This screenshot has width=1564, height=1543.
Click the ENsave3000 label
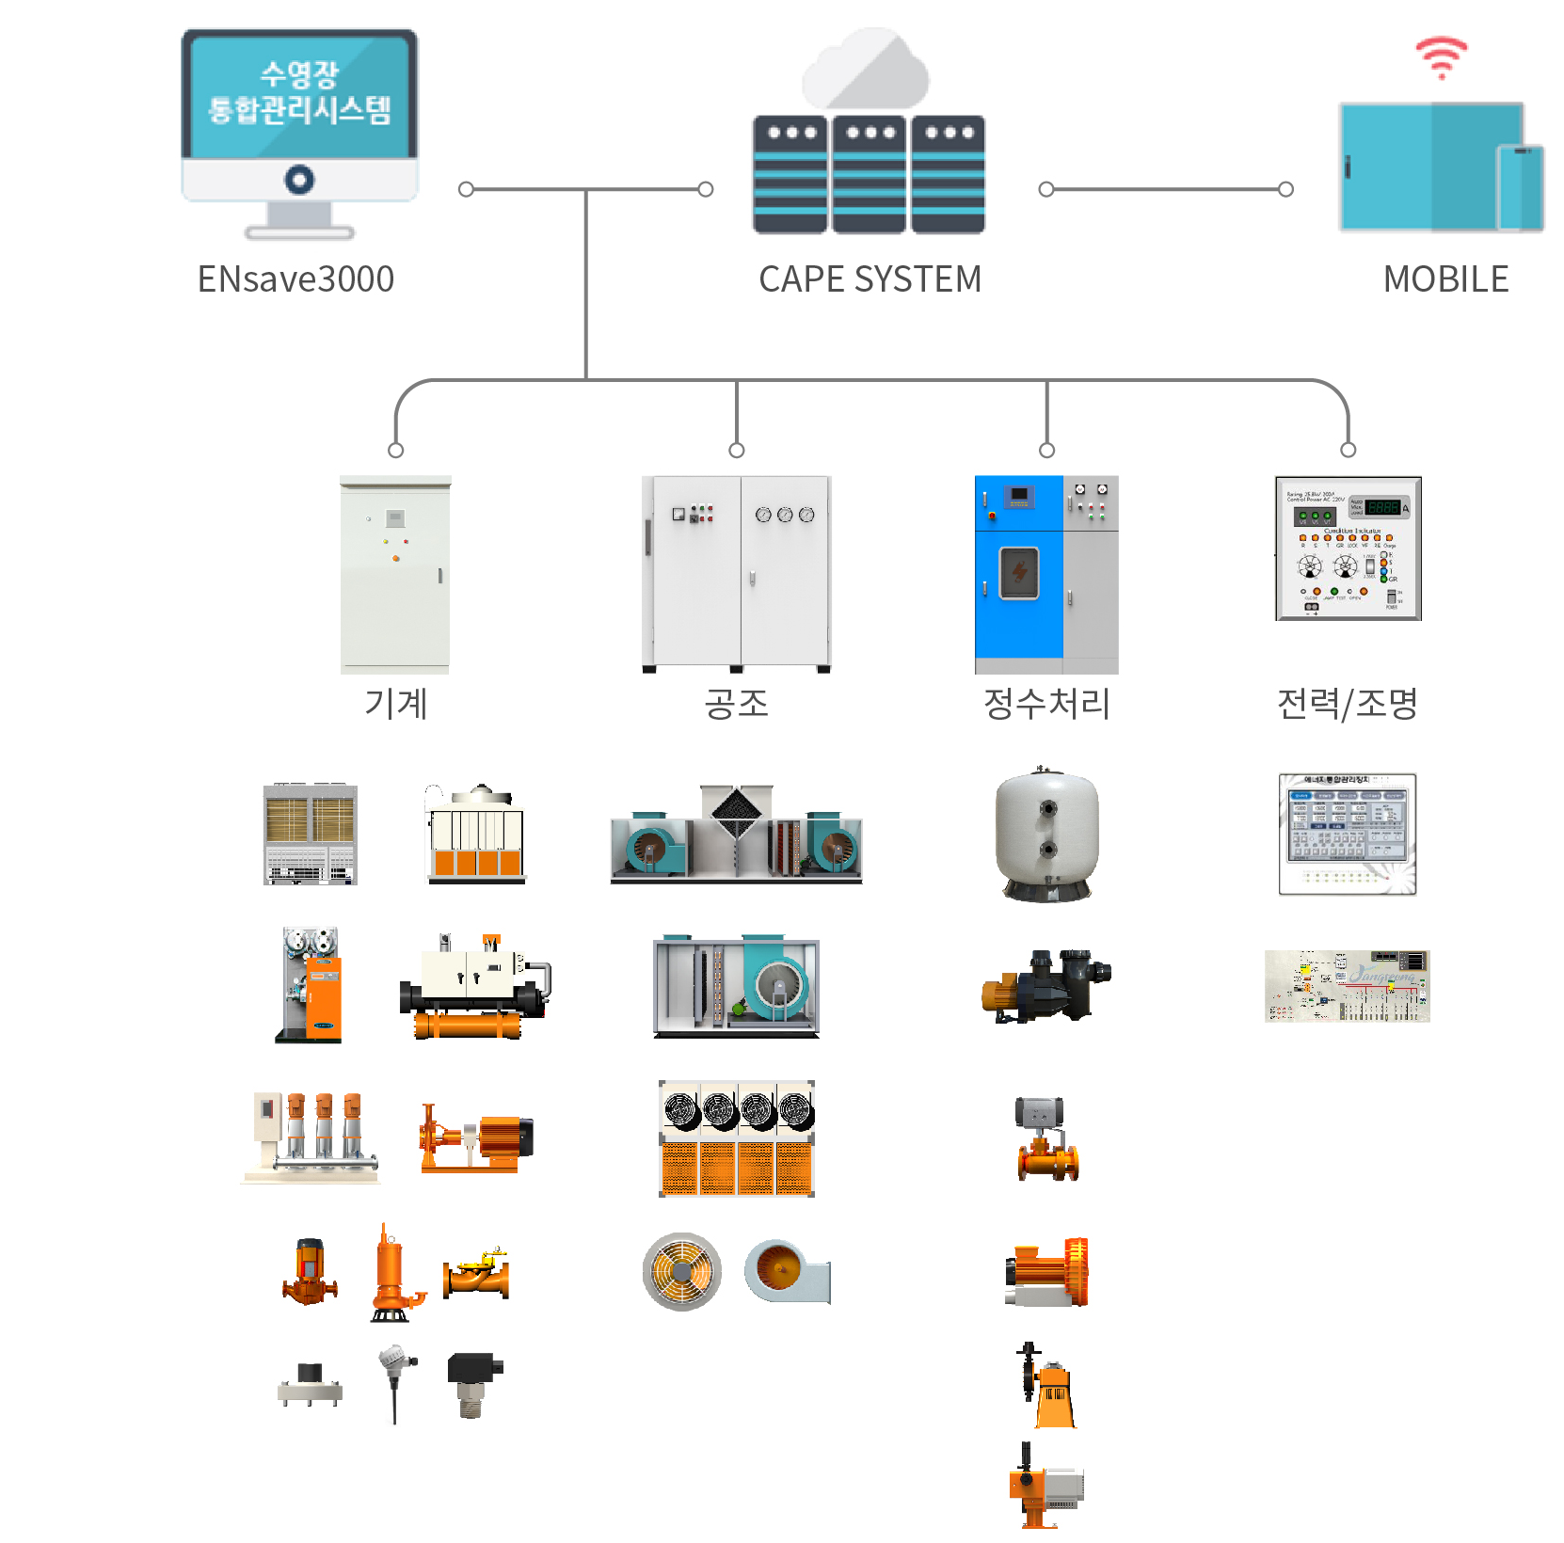coord(295,279)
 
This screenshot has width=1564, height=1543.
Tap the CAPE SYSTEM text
coord(870,279)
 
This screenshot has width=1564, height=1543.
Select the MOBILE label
coord(1445,279)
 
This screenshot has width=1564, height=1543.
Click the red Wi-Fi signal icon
coord(1441,57)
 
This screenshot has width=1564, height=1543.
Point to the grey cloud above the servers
coord(866,72)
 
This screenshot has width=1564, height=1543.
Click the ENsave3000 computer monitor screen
coord(299,94)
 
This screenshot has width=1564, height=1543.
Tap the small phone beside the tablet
coord(1520,187)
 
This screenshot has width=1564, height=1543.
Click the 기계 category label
coord(396,704)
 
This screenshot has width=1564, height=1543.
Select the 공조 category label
coord(736,704)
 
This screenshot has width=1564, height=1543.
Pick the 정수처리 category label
coord(1046,704)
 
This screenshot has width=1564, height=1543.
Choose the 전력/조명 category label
coord(1347,704)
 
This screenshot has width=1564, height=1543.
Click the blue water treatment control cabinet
coord(1019,574)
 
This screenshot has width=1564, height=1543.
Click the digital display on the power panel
coord(1382,507)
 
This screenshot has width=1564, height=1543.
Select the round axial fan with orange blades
coord(682,1272)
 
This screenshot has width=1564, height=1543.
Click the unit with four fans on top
coord(737,1138)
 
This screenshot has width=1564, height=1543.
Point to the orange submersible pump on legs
coord(391,1275)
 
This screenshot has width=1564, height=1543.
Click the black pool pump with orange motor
coord(1046,985)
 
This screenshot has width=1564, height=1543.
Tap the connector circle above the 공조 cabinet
coord(737,451)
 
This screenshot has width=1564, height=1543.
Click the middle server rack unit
coord(869,175)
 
